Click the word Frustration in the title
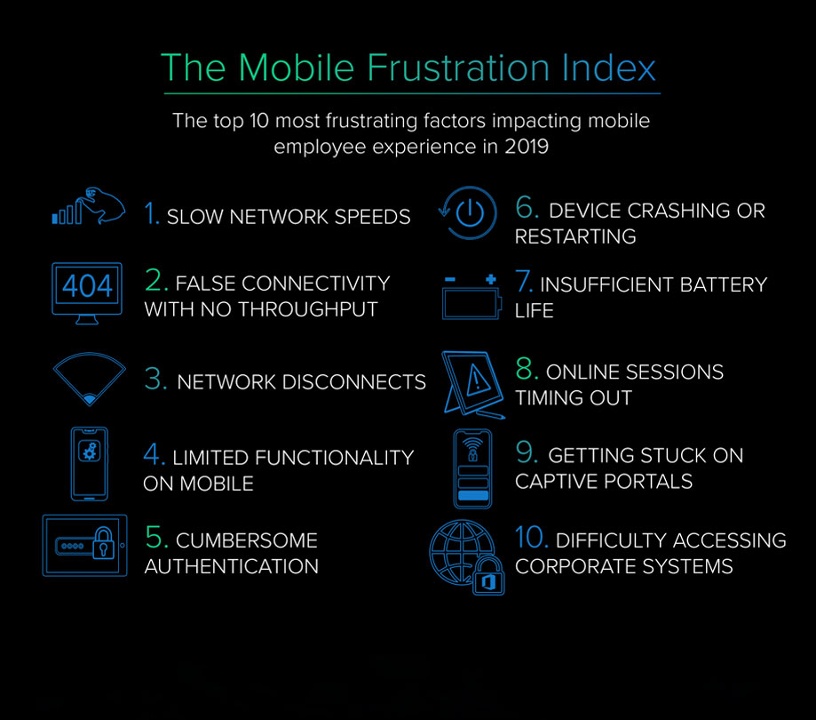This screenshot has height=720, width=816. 458,68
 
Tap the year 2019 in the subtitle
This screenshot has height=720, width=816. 527,147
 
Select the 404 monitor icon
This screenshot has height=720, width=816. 87,293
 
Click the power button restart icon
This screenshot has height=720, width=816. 468,212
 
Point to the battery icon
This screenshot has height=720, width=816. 471,296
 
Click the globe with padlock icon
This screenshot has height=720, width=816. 467,557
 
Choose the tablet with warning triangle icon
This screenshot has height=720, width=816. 473,385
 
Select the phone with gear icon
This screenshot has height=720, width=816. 90,464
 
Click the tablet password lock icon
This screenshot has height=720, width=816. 85,546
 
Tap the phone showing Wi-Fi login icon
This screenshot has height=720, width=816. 472,468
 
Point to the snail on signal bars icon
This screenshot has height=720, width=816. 89,206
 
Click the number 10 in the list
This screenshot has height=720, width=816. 531,537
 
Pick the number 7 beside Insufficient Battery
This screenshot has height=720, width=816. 524,281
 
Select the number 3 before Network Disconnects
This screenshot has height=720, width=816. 155,379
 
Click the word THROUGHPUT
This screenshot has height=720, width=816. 307,309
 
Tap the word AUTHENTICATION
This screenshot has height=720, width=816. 232,566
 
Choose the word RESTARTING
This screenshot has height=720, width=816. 575,237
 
